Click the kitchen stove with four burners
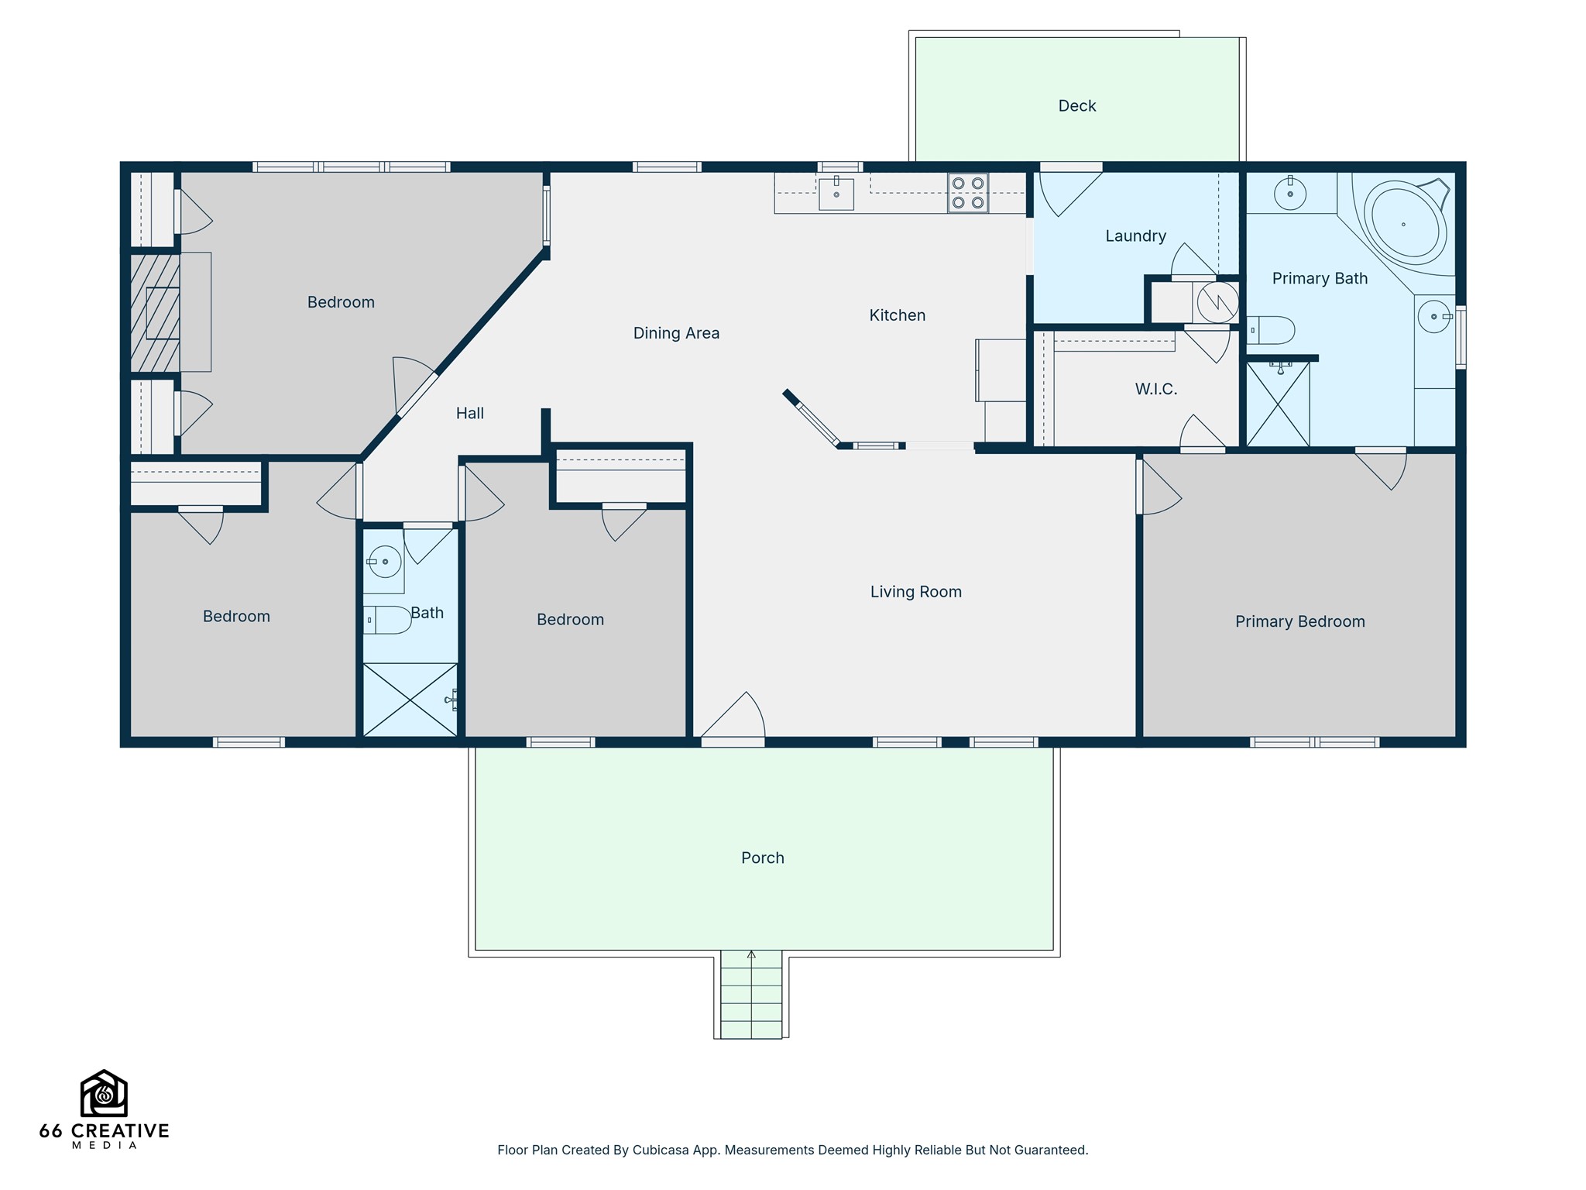[968, 193]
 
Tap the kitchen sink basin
[836, 194]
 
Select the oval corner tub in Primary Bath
[1405, 224]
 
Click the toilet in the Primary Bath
[1270, 330]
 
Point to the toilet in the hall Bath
[387, 620]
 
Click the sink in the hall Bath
[384, 562]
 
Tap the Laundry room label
[1135, 236]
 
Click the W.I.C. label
[1156, 389]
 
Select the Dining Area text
[676, 333]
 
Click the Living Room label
[915, 592]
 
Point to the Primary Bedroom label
[1299, 621]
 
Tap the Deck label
[1077, 105]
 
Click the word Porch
[763, 858]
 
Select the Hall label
[470, 414]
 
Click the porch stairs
[751, 995]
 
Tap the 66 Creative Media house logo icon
[104, 1093]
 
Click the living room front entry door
[733, 717]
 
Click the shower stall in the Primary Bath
[1278, 403]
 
